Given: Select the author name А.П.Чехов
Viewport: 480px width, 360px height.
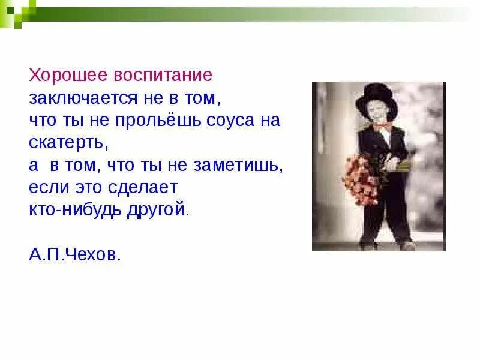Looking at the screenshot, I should [75, 254].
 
